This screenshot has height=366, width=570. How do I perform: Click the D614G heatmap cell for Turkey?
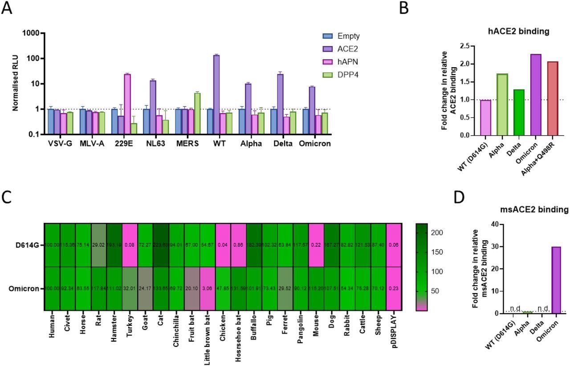[x=130, y=244]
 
